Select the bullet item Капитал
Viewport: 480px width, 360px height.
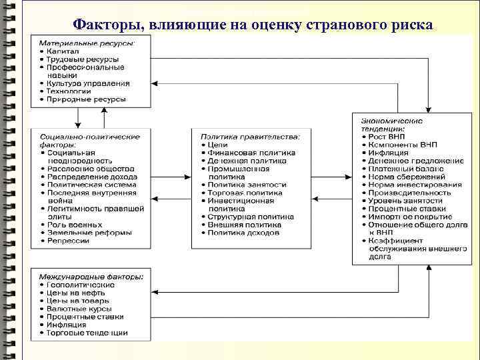tap(63, 51)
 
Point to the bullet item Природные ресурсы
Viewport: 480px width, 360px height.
tap(87, 99)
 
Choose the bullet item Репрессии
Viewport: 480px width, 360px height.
tap(68, 241)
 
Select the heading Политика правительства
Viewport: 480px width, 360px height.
tap(250, 137)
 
